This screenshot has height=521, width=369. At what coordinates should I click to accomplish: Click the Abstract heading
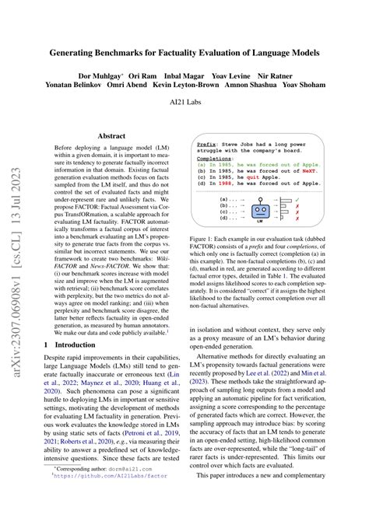point(111,134)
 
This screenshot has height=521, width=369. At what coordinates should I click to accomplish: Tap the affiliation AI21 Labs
point(184,102)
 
